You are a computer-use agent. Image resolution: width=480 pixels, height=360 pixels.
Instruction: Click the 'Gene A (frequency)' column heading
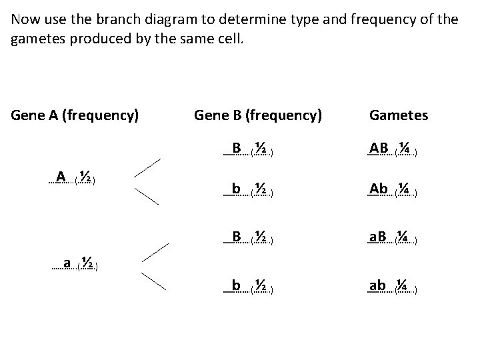pos(75,116)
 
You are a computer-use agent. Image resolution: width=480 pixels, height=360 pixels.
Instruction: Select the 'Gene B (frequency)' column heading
pos(257,116)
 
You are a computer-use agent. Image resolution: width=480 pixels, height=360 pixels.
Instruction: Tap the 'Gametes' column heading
pos(399,116)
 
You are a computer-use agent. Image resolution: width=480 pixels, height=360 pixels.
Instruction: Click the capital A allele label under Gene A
pos(61,177)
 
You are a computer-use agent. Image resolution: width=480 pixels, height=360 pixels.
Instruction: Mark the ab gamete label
pos(377,285)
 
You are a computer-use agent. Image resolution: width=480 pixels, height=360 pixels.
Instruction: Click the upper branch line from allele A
pos(147,168)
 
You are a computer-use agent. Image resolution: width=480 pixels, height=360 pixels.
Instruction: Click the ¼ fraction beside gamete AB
pos(404,148)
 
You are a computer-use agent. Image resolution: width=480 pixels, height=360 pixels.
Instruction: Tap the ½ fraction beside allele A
pos(85,177)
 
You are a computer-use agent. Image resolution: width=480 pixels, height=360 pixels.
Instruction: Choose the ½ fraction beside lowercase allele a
pos(87,262)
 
